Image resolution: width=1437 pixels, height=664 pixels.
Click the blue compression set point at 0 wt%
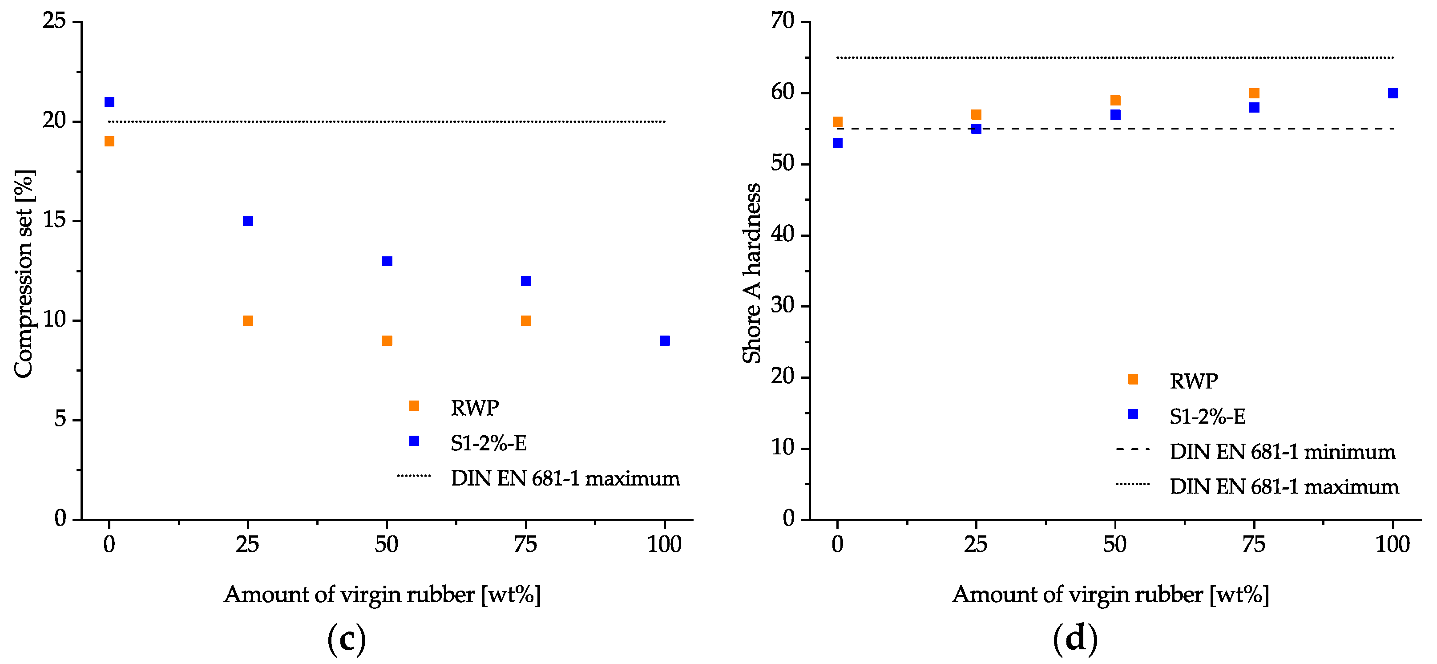(x=109, y=101)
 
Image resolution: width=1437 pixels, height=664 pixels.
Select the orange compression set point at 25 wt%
(x=248, y=320)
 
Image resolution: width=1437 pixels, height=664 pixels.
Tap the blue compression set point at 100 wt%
(x=664, y=340)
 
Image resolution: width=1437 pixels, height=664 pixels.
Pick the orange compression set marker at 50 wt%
(x=387, y=340)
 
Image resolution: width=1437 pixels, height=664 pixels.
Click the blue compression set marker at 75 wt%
(x=526, y=281)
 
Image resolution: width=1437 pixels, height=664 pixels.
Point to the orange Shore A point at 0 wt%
(x=837, y=121)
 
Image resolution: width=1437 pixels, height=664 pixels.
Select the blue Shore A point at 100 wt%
(x=1393, y=93)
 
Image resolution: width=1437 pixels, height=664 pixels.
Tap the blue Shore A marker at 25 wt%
(x=976, y=129)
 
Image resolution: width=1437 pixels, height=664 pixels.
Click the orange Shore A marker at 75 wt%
(x=1254, y=93)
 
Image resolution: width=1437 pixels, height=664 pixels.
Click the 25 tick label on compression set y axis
(x=54, y=21)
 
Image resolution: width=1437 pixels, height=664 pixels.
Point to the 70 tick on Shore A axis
(x=782, y=21)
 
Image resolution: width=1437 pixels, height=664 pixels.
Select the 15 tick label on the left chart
(x=54, y=220)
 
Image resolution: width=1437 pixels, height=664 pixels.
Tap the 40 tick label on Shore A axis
(x=782, y=235)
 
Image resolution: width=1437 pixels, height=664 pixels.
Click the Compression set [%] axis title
(x=24, y=273)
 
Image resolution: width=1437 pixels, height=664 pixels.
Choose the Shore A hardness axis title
(x=752, y=273)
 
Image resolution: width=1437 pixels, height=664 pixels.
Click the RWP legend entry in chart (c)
(x=475, y=408)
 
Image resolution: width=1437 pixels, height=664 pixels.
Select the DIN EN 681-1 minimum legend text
(x=1283, y=451)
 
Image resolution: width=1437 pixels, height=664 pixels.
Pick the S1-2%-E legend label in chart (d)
(x=1208, y=416)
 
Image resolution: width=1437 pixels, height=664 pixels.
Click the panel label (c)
(x=347, y=639)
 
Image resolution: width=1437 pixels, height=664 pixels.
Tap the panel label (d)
(x=1075, y=639)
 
